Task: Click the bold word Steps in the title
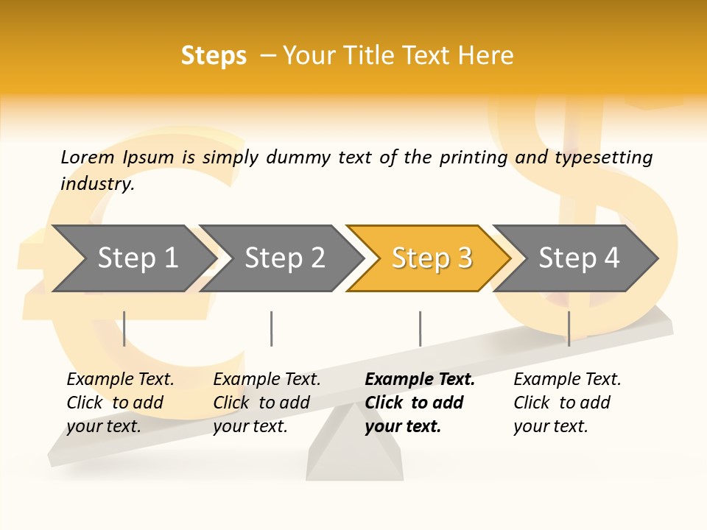(214, 55)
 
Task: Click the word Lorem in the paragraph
(87, 157)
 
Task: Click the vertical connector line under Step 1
(124, 328)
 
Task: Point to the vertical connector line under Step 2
(272, 328)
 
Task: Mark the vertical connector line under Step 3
(421, 328)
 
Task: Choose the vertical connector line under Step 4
(569, 328)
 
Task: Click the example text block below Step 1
(119, 403)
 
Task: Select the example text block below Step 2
(266, 403)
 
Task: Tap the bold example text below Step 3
(419, 403)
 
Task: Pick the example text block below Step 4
(566, 403)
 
